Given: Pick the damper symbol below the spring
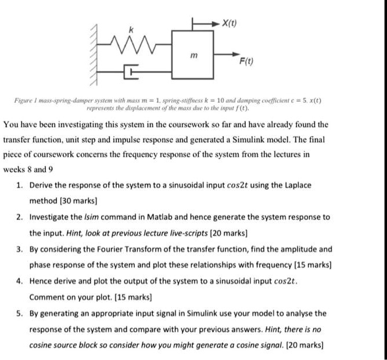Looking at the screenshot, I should pos(132,72).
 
